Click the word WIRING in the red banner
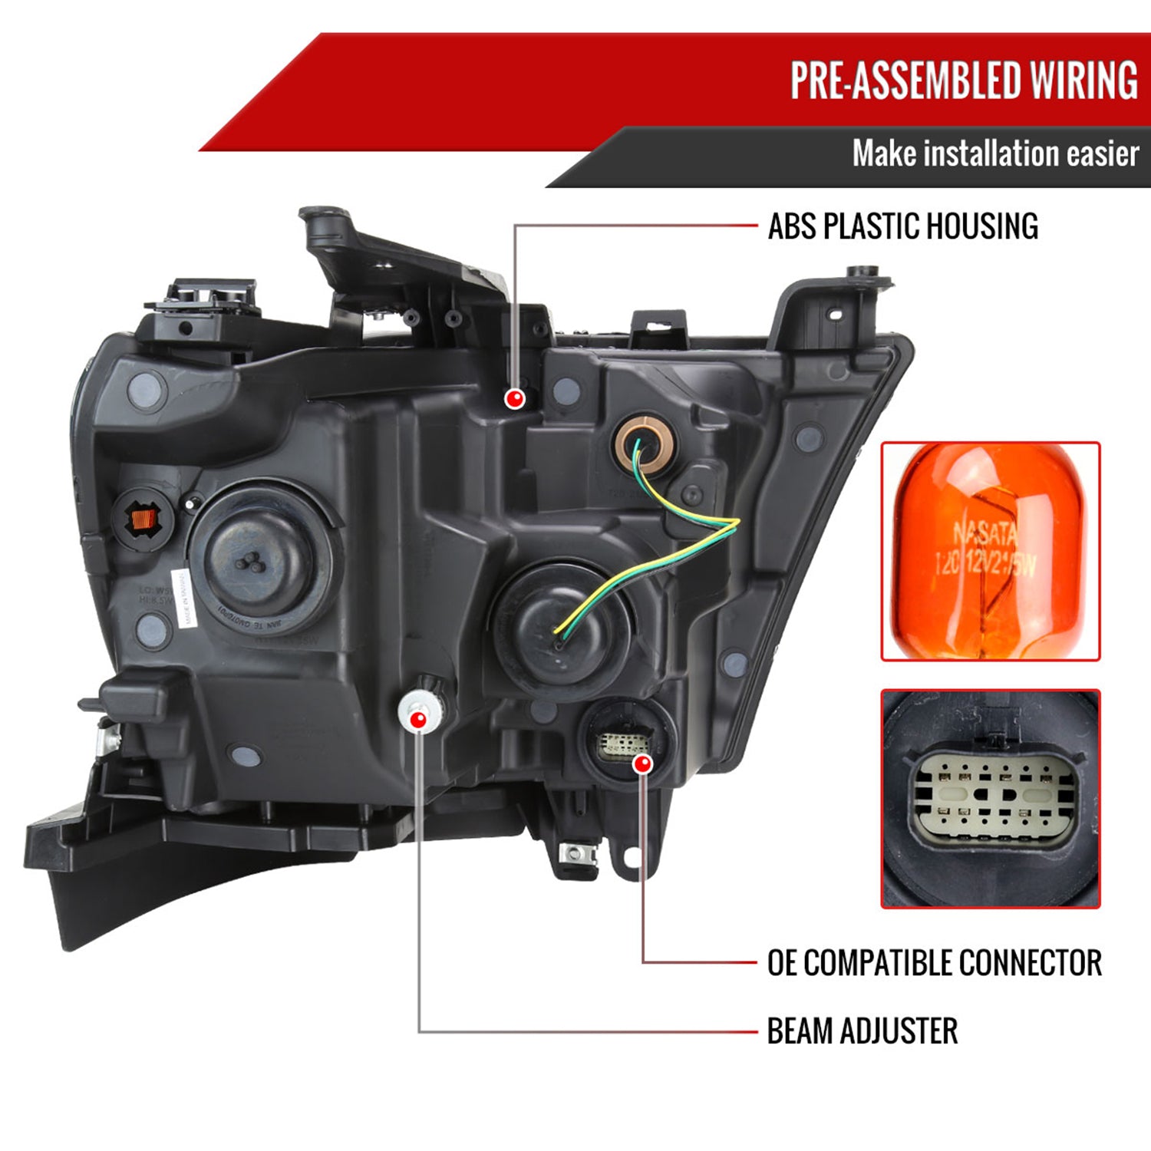[1083, 81]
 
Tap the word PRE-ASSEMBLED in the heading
[905, 81]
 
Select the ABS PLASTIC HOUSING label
[903, 226]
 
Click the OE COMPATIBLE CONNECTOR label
[934, 963]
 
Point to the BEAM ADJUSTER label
[862, 1031]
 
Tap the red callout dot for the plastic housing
[514, 398]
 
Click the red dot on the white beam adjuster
[418, 720]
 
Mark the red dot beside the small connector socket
[643, 763]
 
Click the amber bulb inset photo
[990, 551]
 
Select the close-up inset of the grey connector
[990, 799]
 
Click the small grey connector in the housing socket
[623, 743]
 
